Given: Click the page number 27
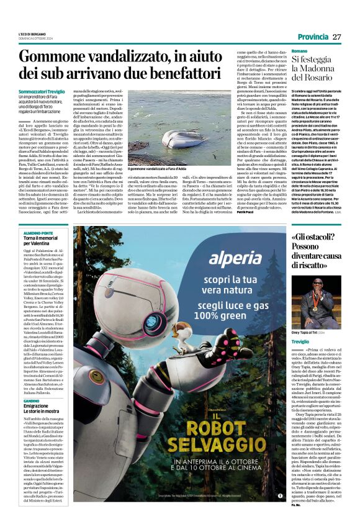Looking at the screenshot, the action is point(336,37).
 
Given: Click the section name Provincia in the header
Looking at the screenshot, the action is point(313,37).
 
